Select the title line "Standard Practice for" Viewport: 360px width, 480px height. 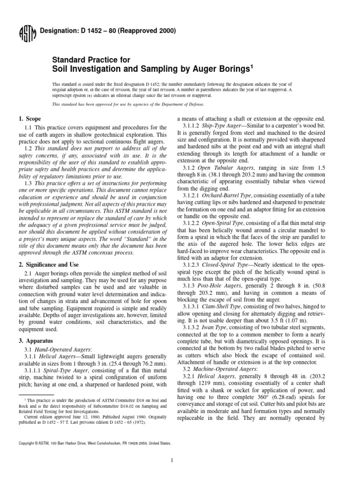(x=88, y=60)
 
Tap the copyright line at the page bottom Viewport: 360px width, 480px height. (x=94, y=442)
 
